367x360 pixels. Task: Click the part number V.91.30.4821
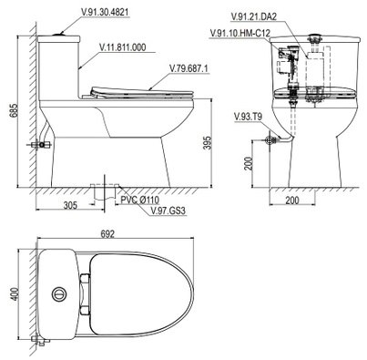click(x=105, y=12)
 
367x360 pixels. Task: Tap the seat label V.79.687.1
click(x=189, y=69)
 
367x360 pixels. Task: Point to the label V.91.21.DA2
click(x=253, y=16)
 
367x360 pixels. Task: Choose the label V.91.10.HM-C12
click(x=240, y=33)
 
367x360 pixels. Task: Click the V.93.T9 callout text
click(x=249, y=117)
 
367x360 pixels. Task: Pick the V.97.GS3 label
click(x=168, y=211)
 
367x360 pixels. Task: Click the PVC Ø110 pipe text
click(x=139, y=200)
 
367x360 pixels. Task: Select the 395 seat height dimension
click(x=208, y=142)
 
